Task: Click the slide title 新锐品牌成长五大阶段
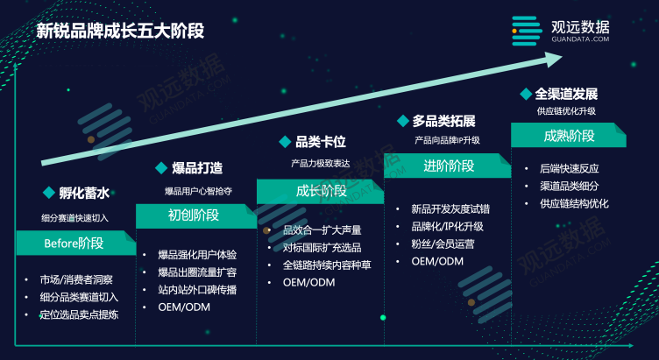[x=120, y=31]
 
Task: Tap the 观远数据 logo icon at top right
[x=527, y=31]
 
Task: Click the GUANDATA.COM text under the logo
[x=580, y=39]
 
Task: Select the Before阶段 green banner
[x=76, y=244]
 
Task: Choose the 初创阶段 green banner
[x=196, y=216]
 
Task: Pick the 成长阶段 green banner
[x=320, y=192]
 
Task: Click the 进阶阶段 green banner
[x=448, y=166]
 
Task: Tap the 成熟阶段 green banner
[x=569, y=135]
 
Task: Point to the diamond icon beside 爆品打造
[x=161, y=168]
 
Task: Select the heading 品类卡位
[x=321, y=142]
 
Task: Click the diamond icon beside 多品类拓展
[x=403, y=121]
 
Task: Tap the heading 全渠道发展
[x=566, y=94]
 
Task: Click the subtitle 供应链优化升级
[x=566, y=111]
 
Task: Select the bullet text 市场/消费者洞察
[x=76, y=279]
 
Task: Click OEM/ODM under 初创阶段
[x=184, y=307]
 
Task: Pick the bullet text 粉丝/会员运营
[x=443, y=244]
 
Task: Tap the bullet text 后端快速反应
[x=570, y=169]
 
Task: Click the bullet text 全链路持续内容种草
[x=327, y=265]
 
